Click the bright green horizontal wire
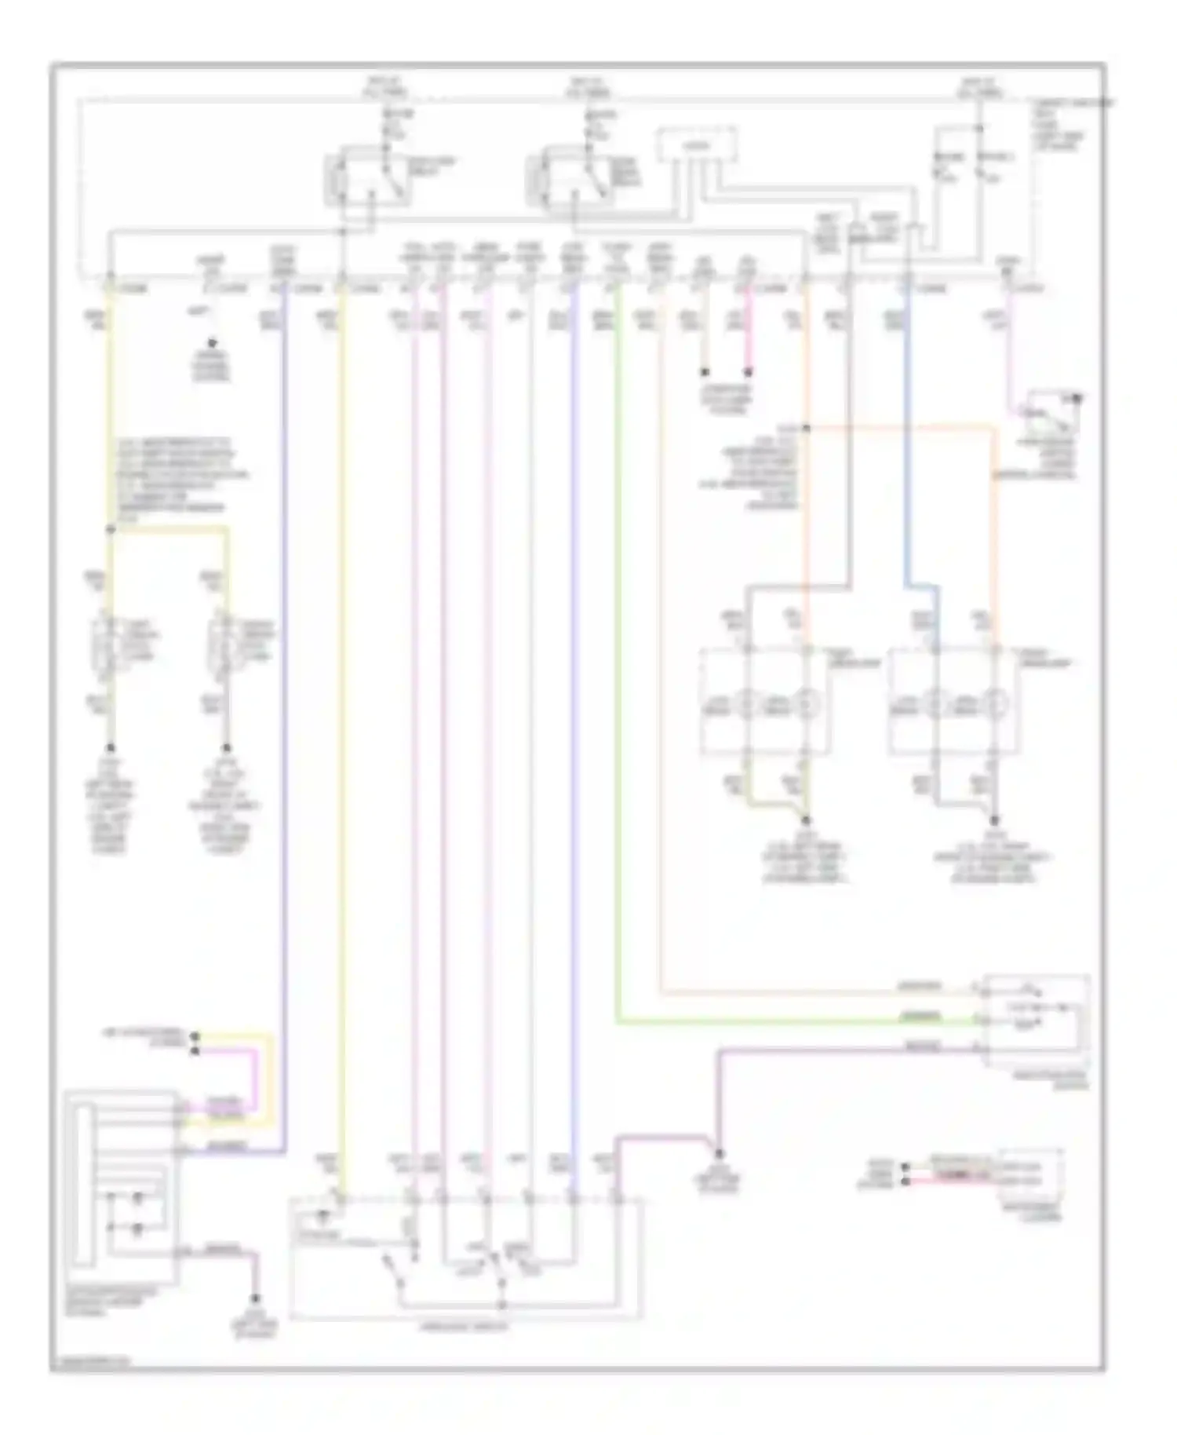(785, 1022)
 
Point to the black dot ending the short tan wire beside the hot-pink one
(705, 372)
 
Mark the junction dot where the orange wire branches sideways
(806, 428)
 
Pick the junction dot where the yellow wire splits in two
(111, 530)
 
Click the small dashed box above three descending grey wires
(697, 146)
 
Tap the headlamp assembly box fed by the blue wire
(953, 700)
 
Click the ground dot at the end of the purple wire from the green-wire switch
(719, 1153)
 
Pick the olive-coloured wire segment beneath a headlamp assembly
(777, 802)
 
